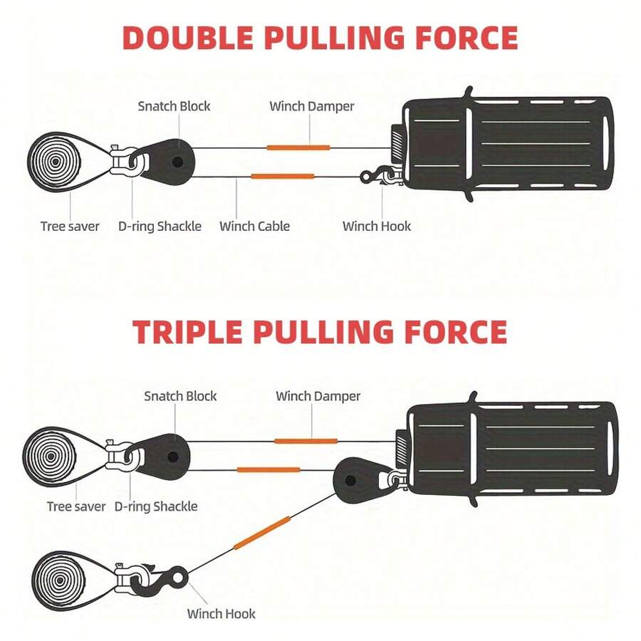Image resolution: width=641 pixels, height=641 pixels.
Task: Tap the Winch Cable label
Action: [254, 226]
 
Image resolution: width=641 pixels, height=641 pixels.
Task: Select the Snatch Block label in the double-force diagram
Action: [174, 106]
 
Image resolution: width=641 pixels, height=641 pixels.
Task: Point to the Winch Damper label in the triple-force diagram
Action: [318, 396]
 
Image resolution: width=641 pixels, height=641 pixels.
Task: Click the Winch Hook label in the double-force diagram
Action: [376, 226]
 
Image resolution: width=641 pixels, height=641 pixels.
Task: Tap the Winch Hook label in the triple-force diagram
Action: [221, 613]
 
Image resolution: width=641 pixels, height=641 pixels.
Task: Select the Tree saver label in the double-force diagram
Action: [69, 226]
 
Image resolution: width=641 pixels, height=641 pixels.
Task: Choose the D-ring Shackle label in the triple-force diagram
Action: [155, 506]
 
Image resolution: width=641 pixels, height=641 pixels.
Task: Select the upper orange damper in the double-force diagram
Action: [298, 147]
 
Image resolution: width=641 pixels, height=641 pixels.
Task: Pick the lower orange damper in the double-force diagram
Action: [283, 176]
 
